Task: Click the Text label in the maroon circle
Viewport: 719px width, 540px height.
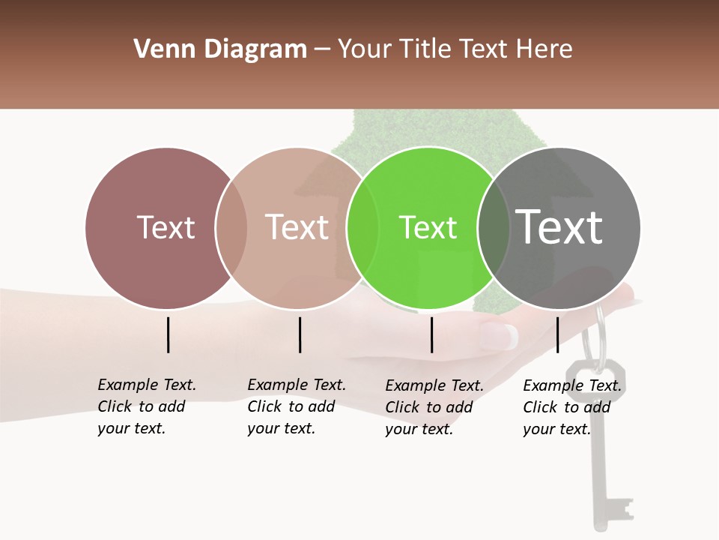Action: tap(166, 227)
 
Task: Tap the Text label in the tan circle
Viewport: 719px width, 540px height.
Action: tap(297, 227)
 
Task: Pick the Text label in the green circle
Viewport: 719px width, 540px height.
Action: tap(428, 227)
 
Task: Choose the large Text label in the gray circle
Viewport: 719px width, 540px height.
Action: tap(559, 227)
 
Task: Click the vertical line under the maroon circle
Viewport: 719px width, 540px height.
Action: tap(169, 334)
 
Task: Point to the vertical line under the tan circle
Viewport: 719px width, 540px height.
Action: tap(300, 334)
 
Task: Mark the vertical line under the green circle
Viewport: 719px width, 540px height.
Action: tap(432, 334)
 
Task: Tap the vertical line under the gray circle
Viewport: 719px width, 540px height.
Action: tap(557, 334)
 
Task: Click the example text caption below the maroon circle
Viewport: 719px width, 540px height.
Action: tap(147, 406)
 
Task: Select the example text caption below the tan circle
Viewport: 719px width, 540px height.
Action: tap(297, 406)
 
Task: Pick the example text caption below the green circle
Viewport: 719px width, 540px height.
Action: tap(434, 407)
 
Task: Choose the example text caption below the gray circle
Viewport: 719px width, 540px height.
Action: tap(572, 407)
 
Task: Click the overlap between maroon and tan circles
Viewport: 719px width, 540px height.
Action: tap(231, 228)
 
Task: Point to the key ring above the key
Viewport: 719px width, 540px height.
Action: tap(595, 337)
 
